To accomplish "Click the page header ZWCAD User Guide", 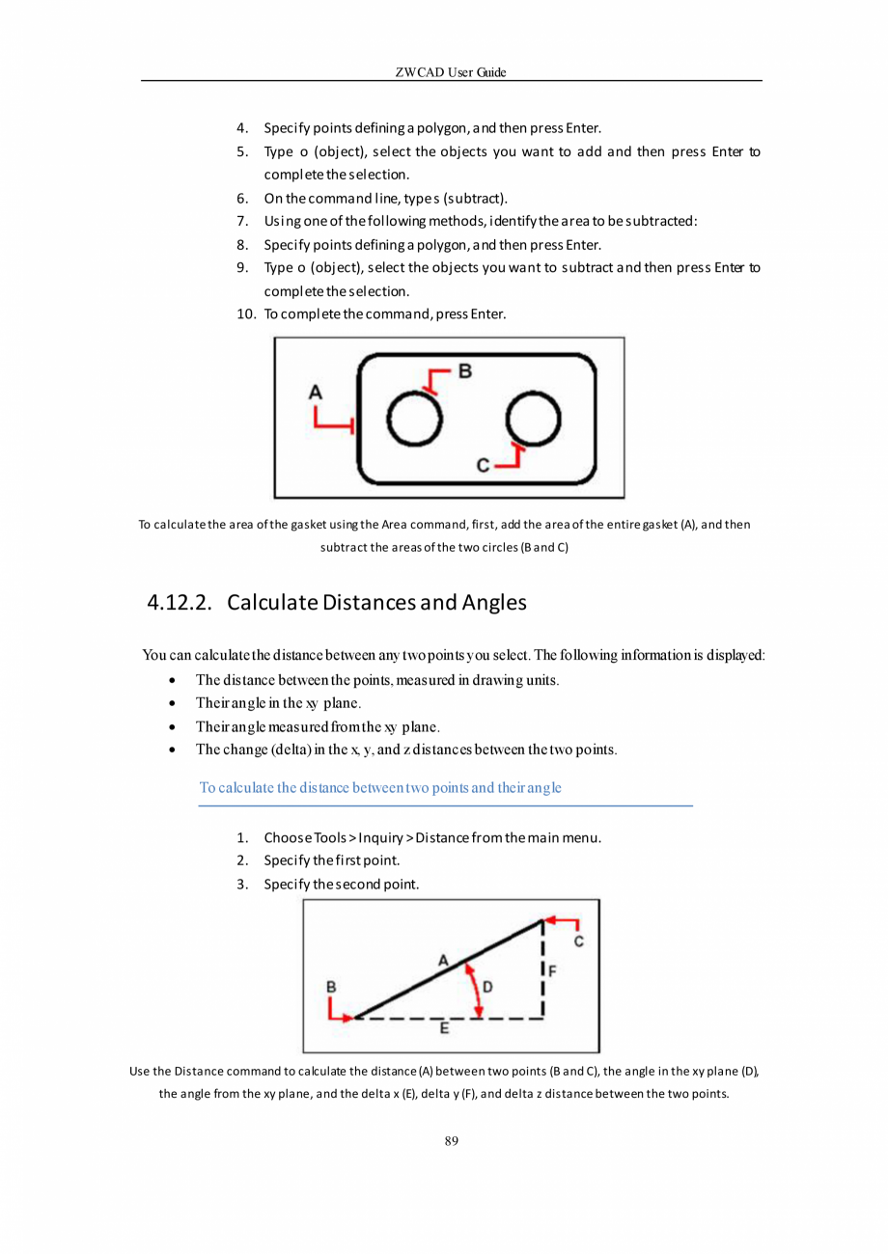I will tap(451, 72).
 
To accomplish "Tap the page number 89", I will tap(451, 1141).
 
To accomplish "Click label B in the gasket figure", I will tap(464, 370).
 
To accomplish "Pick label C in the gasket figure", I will tap(484, 466).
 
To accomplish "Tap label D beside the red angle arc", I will tap(487, 987).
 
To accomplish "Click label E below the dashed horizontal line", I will tap(444, 1029).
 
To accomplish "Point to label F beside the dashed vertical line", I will tap(554, 970).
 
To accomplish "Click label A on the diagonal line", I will tap(443, 960).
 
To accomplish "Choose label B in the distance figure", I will tap(331, 987).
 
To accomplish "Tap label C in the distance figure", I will tap(578, 940).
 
